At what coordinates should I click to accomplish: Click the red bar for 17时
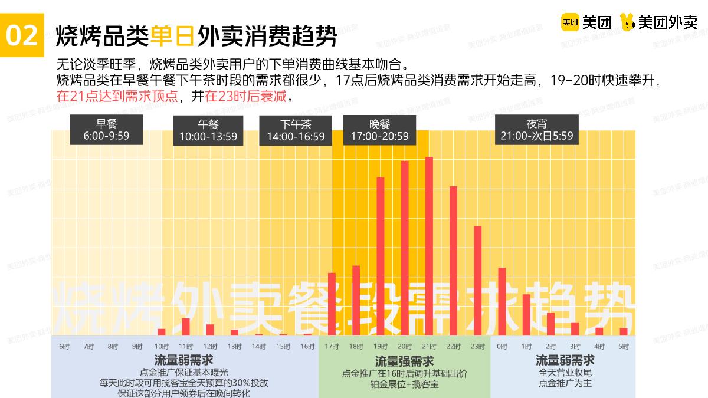[332, 304]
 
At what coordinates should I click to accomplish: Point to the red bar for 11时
[186, 327]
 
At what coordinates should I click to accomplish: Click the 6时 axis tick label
[64, 346]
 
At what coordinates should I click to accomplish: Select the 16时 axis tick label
[307, 346]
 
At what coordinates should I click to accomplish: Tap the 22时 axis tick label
[453, 346]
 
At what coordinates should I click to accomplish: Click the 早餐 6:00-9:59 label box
[106, 130]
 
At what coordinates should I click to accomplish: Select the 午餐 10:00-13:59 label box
[208, 130]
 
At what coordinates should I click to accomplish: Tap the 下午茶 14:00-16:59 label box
[296, 130]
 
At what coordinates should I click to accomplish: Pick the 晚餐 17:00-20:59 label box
[379, 130]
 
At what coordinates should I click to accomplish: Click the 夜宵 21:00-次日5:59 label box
[536, 130]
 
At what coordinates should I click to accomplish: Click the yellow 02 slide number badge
[22, 36]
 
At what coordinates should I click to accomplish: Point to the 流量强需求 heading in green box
[404, 361]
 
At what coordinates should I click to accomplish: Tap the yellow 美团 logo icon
[569, 22]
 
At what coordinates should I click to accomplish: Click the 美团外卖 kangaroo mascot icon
[629, 22]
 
